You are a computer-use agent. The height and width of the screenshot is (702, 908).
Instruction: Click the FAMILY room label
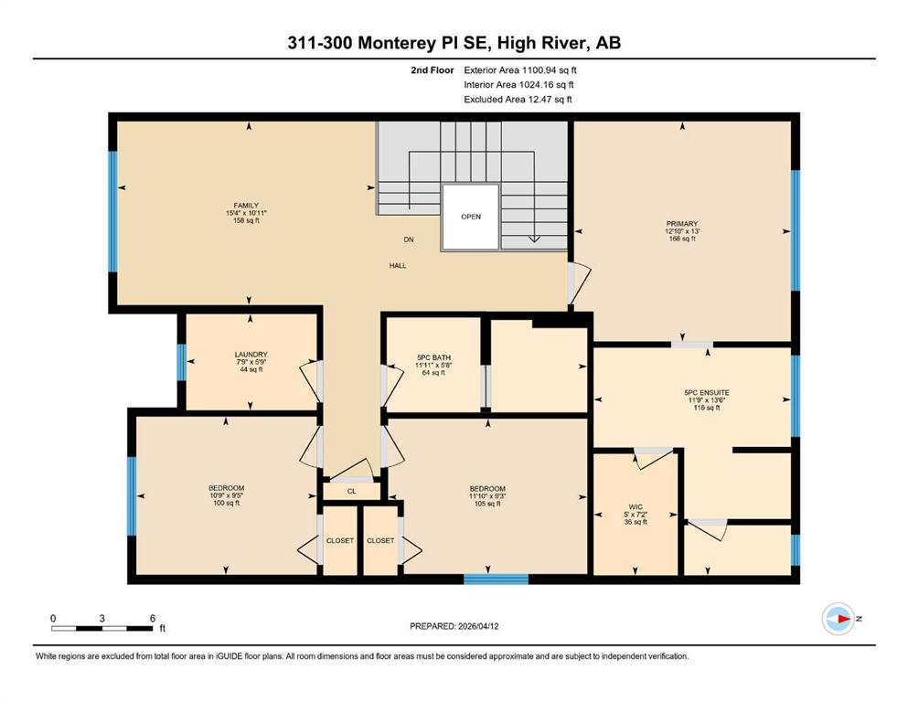point(246,206)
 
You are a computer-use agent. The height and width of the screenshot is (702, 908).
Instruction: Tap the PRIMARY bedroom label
point(681,223)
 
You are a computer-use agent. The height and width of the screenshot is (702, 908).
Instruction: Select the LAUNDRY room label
point(251,354)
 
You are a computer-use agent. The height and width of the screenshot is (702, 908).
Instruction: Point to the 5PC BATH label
point(433,357)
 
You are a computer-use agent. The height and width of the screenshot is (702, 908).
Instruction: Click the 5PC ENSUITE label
point(707,392)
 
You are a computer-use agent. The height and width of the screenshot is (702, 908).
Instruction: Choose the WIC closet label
point(636,507)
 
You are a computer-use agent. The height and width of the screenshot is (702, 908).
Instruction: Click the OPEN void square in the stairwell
point(470,217)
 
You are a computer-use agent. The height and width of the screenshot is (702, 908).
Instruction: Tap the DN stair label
point(409,239)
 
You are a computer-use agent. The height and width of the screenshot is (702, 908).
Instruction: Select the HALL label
point(398,266)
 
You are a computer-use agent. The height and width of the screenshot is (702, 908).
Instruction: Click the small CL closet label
point(351,492)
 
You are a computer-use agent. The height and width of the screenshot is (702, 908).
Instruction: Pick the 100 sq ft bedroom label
point(227,503)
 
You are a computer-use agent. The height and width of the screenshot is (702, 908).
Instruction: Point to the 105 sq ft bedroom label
point(487,504)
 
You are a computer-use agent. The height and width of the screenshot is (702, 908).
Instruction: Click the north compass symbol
point(839,619)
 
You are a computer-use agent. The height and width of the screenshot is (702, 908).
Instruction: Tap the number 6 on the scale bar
point(153,618)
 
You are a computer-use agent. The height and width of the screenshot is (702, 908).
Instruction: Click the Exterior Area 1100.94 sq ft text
point(520,70)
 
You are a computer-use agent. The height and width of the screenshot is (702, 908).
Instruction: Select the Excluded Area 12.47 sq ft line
point(518,99)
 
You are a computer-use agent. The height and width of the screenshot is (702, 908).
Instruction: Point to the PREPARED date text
point(454,626)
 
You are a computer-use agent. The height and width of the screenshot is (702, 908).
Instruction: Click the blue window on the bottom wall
point(497,579)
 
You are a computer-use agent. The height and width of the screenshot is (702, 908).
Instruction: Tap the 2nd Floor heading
point(432,70)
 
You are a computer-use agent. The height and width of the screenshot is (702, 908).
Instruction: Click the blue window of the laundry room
point(181,362)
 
